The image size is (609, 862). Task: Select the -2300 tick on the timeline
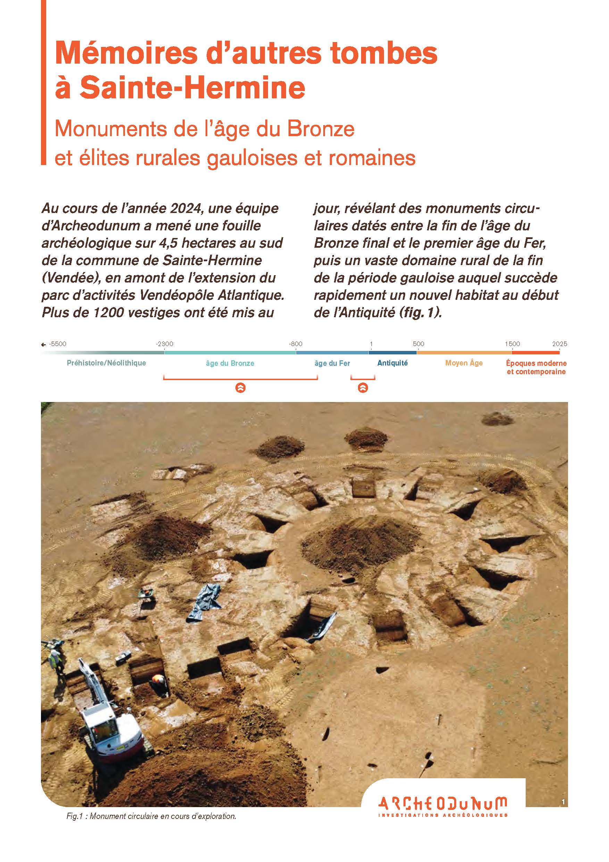pos(164,344)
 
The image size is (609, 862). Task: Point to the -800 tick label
pos(295,344)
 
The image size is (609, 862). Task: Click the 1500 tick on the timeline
pos(512,344)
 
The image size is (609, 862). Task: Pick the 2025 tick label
pos(559,344)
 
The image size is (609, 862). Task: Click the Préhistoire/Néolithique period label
pos(106,363)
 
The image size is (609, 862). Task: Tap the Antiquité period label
pos(392,363)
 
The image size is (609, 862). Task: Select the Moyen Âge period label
pos(464,363)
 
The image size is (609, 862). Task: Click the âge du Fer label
pos(332,363)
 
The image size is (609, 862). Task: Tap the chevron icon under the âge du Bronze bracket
pos(240,388)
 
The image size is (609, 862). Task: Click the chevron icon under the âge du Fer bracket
pos(363,388)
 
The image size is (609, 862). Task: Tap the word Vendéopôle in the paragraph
pos(176,295)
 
